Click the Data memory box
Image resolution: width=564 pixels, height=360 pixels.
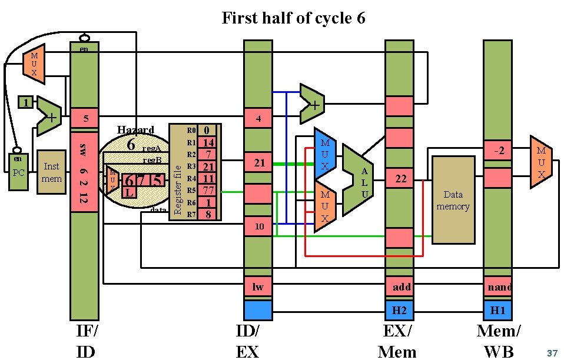pos(453,200)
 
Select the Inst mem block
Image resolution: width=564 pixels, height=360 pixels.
pos(52,172)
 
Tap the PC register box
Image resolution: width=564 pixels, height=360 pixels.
pos(17,171)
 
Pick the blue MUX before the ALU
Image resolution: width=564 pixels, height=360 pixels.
pos(324,153)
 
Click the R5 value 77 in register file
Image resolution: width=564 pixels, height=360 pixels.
pos(208,191)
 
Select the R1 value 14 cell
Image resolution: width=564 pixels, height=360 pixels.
pos(208,142)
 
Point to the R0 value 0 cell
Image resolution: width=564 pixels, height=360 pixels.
pos(207,130)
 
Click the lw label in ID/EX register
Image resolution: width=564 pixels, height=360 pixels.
pos(258,287)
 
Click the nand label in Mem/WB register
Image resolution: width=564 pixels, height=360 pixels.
pos(499,287)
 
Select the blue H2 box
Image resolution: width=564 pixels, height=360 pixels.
pos(400,309)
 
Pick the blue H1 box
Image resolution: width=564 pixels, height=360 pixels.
pos(497,309)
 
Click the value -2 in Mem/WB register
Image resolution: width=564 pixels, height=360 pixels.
pos(497,150)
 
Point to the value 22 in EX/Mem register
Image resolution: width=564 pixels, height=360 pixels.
pos(400,179)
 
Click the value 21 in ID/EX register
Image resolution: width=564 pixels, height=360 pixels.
pos(258,162)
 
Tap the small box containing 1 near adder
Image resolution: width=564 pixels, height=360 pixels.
pos(25,103)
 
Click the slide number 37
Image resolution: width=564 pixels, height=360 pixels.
pos(552,353)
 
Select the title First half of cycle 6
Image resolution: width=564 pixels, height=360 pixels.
pos(293,18)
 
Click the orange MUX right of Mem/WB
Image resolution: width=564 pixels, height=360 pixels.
pos(540,162)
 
